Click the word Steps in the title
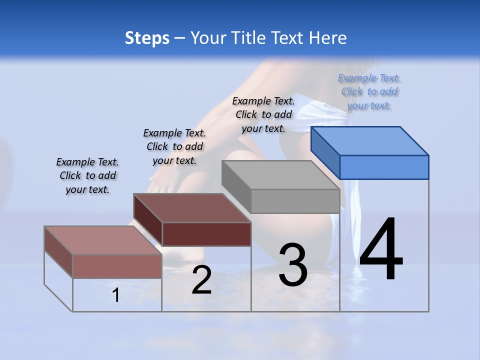coord(147,38)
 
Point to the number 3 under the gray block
coord(293,265)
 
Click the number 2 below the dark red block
coord(201,280)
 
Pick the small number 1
coord(115,295)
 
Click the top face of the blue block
coord(370,140)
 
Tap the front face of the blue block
coord(384,167)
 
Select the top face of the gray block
coord(280,175)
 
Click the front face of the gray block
coord(295,201)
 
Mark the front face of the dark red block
coord(206,234)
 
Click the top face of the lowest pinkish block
coord(103,240)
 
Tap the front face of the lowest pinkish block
coord(117,266)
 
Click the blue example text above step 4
coord(369,91)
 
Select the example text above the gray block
coord(263,114)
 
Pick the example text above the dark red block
coord(174,146)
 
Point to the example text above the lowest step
coord(87,175)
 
